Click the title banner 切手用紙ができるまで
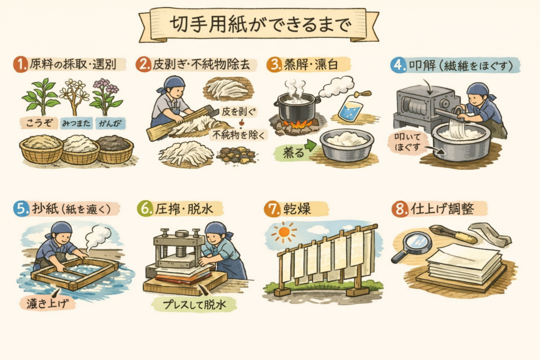click(259, 25)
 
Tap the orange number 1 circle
click(21, 64)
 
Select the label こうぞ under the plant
click(39, 123)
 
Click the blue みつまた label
click(76, 123)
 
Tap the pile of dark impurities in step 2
click(237, 154)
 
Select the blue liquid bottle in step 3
click(352, 109)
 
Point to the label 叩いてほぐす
click(408, 142)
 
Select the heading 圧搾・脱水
click(184, 209)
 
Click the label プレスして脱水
click(195, 305)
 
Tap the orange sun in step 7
click(284, 232)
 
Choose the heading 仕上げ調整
click(442, 209)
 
